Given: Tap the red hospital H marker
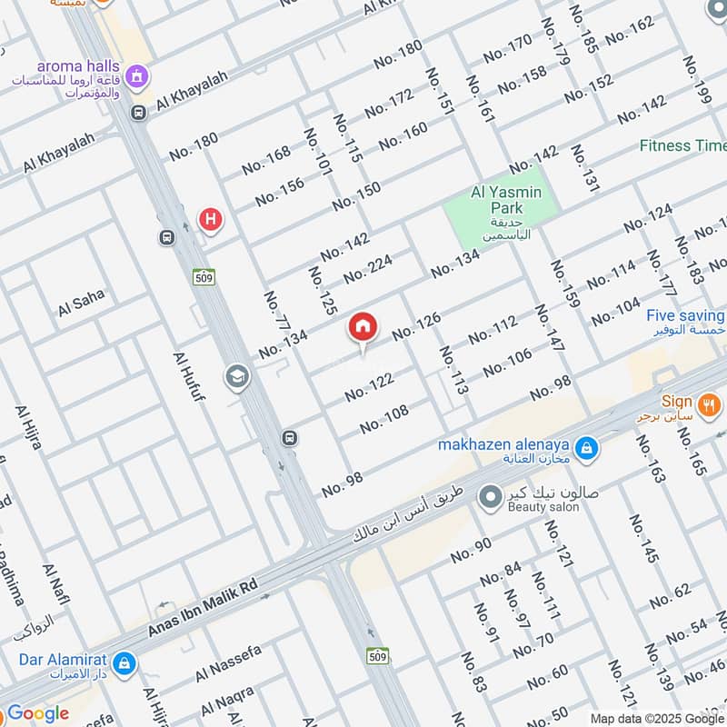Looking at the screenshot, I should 211,219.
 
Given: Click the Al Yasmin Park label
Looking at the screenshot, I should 506,193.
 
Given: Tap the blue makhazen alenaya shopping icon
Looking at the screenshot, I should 587,446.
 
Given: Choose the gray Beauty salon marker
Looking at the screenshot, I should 491,496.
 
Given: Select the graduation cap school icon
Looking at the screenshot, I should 237,376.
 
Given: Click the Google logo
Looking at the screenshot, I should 38,713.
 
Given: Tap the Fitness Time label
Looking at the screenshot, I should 682,145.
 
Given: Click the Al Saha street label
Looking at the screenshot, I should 82,303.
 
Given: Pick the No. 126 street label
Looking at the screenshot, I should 416,327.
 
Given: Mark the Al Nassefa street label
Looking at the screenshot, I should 228,664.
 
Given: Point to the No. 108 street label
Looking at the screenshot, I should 384,419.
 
